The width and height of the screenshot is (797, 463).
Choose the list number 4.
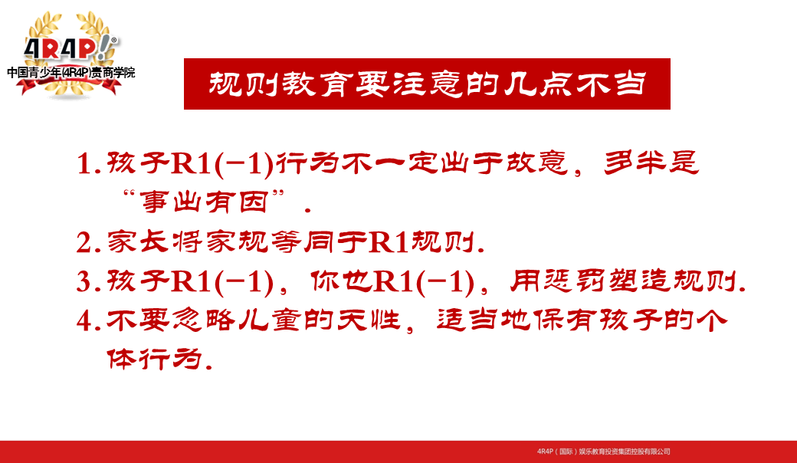point(87,320)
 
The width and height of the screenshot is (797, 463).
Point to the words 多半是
point(651,163)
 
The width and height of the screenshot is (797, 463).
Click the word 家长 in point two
point(137,242)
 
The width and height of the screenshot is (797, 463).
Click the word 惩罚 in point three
point(574,281)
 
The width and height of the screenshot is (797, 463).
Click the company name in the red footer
point(603,452)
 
